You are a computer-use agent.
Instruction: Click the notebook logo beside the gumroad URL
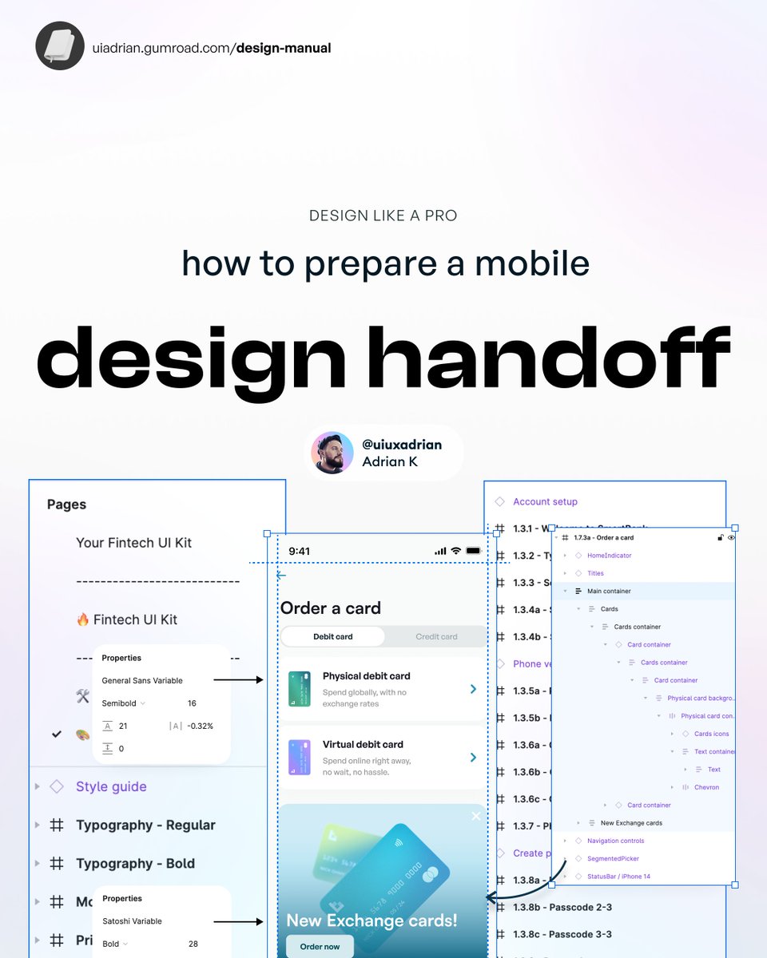coord(60,46)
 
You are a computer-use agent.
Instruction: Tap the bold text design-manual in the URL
coord(284,48)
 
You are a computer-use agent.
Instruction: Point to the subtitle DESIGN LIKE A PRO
coord(383,216)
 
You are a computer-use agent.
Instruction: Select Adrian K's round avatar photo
coord(332,453)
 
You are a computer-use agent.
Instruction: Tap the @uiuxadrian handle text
coord(401,445)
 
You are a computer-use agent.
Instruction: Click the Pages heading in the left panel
coord(66,505)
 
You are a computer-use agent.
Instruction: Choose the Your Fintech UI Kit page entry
coord(133,543)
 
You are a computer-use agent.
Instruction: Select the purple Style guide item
coord(111,786)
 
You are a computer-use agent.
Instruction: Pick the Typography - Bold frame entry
coord(135,863)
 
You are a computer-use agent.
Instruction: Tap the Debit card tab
coord(333,636)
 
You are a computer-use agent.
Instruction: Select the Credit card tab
coord(436,636)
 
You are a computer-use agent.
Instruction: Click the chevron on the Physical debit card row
coord(473,688)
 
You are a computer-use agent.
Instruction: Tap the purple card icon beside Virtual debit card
coord(299,757)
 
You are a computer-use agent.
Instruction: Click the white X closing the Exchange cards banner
coord(476,816)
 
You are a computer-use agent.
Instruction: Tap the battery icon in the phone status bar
coord(474,551)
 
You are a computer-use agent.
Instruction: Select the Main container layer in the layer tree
coord(609,591)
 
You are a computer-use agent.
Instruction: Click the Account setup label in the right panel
coord(545,501)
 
